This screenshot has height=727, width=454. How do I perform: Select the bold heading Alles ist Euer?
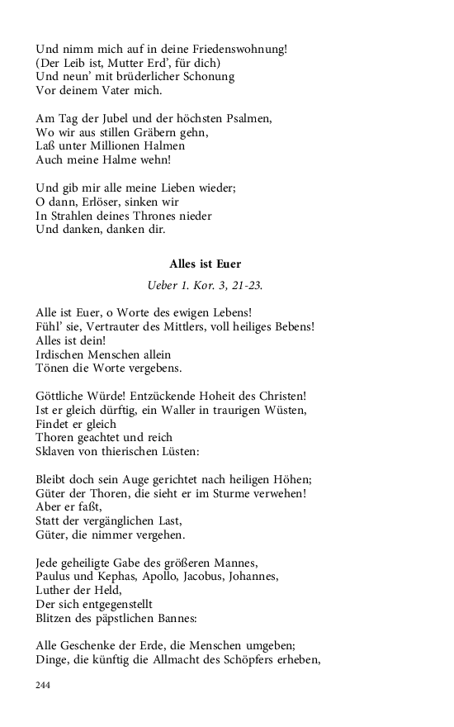[205, 264]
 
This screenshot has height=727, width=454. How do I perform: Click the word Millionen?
[128, 146]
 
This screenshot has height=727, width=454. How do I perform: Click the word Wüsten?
[286, 411]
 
